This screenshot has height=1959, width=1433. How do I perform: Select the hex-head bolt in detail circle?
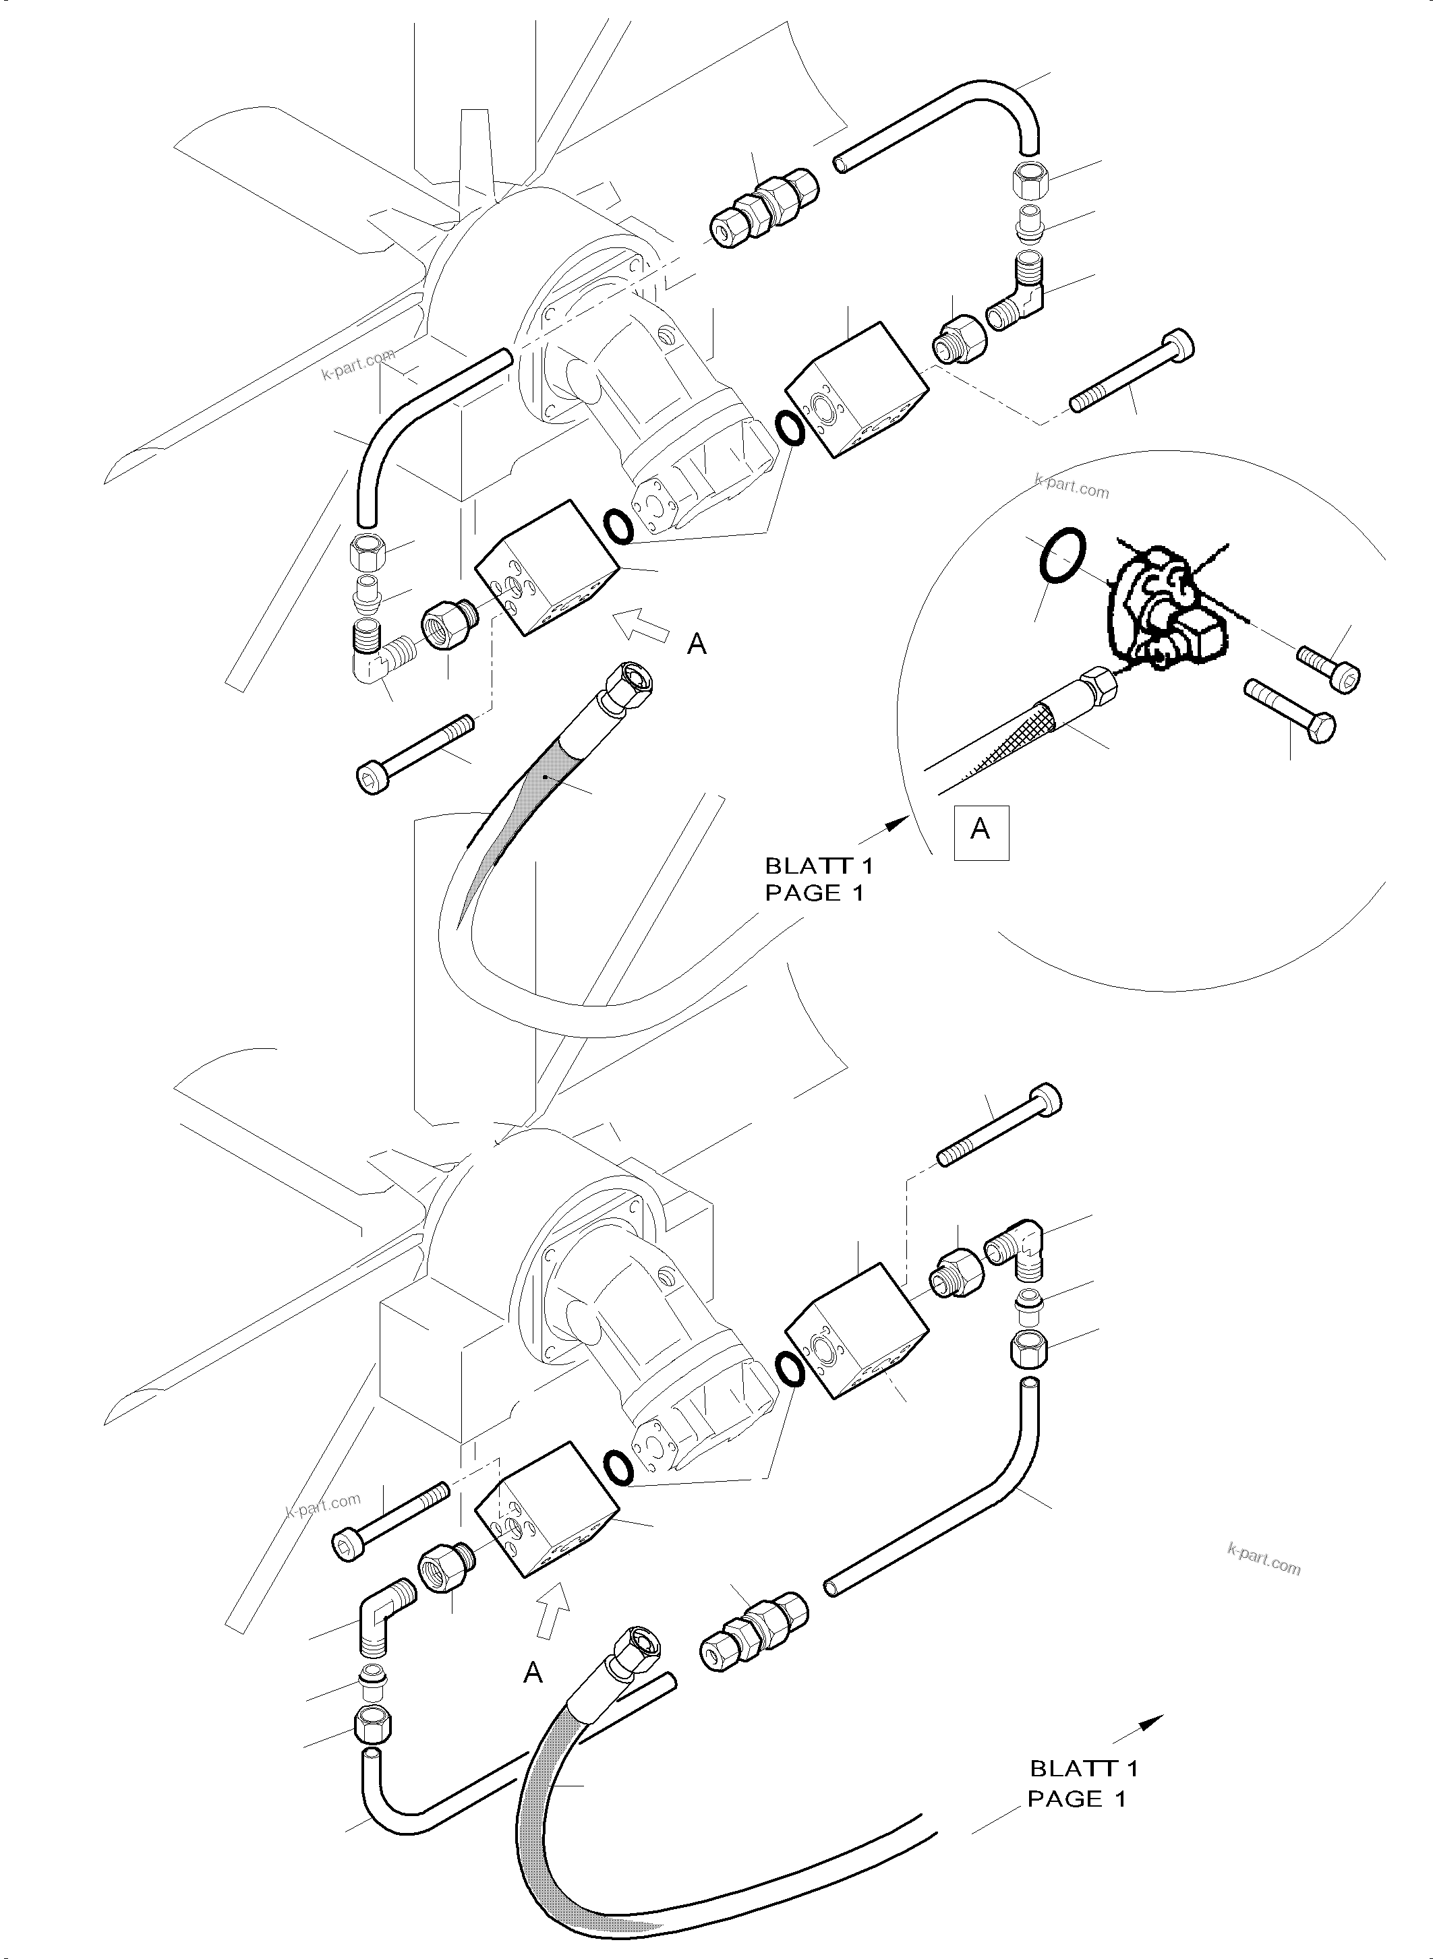pyautogui.click(x=1290, y=711)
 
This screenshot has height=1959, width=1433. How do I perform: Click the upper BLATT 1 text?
pyautogui.click(x=819, y=865)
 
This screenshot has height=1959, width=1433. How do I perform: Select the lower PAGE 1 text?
pyautogui.click(x=1076, y=1799)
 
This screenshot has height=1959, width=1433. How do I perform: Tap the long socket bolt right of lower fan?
pyautogui.click(x=999, y=1126)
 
